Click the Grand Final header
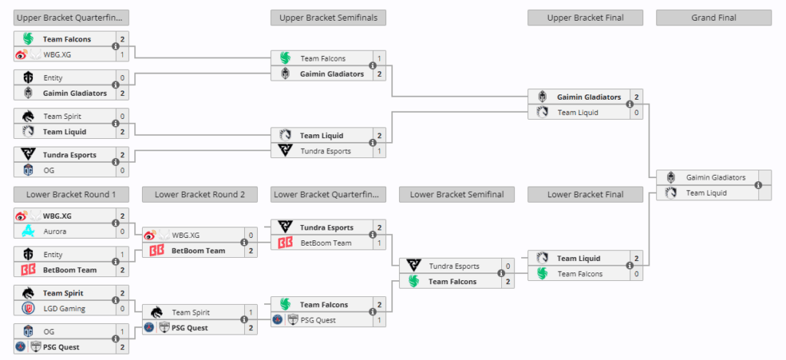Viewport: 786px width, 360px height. tap(713, 18)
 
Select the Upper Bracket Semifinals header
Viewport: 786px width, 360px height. tap(328, 18)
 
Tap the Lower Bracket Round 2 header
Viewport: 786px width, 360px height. tap(200, 194)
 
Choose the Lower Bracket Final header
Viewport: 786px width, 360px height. tap(585, 194)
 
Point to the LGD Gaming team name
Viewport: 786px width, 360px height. tap(64, 309)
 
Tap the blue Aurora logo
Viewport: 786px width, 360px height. tap(28, 231)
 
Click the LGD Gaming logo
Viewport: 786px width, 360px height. tap(28, 309)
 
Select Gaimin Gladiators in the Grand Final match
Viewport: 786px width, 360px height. tap(715, 177)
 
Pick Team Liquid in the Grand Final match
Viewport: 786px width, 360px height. tap(706, 193)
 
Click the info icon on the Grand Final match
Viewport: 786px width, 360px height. tap(758, 185)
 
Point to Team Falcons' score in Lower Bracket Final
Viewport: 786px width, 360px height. tap(636, 274)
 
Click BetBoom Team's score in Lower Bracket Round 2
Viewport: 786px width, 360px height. tap(250, 251)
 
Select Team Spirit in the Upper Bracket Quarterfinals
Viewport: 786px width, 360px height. tap(62, 116)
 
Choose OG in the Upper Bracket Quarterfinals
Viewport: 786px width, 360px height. tap(48, 170)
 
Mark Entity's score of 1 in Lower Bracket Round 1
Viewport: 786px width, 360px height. tap(122, 255)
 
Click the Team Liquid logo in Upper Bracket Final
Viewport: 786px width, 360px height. tap(543, 113)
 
